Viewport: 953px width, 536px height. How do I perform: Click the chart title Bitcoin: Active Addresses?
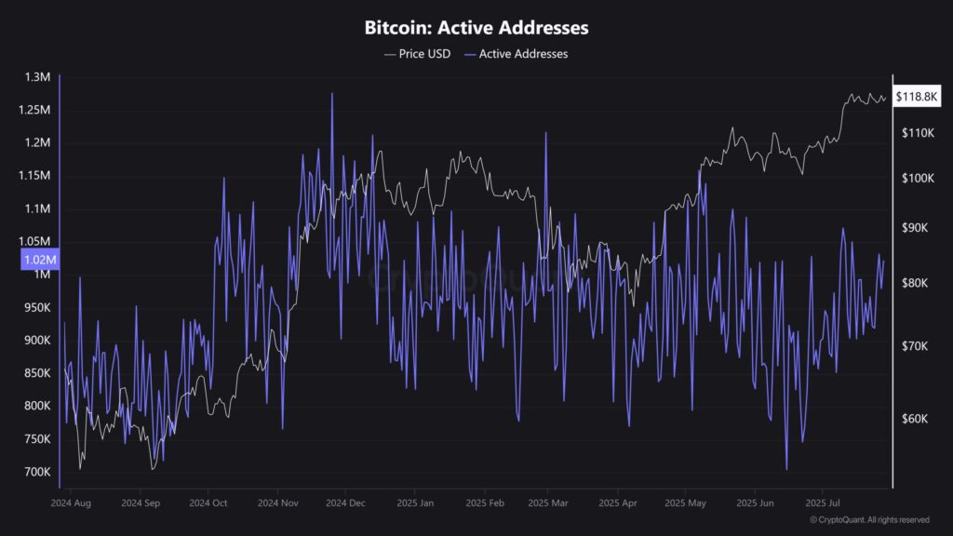pos(476,28)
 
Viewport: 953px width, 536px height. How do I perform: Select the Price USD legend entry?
pos(418,54)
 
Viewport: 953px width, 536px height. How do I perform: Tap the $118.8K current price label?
pos(917,96)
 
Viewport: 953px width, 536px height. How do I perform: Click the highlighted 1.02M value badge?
pos(39,261)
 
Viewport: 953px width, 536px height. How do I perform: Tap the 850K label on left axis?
pos(36,373)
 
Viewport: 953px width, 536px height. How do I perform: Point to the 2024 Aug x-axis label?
pos(71,503)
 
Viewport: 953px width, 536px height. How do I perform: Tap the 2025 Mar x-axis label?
pos(548,503)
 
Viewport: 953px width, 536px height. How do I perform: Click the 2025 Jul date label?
pos(822,503)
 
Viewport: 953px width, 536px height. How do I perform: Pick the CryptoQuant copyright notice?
pos(869,519)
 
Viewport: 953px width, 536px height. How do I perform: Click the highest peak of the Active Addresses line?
pos(331,93)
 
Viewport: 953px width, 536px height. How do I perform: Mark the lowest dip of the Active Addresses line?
pos(787,470)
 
